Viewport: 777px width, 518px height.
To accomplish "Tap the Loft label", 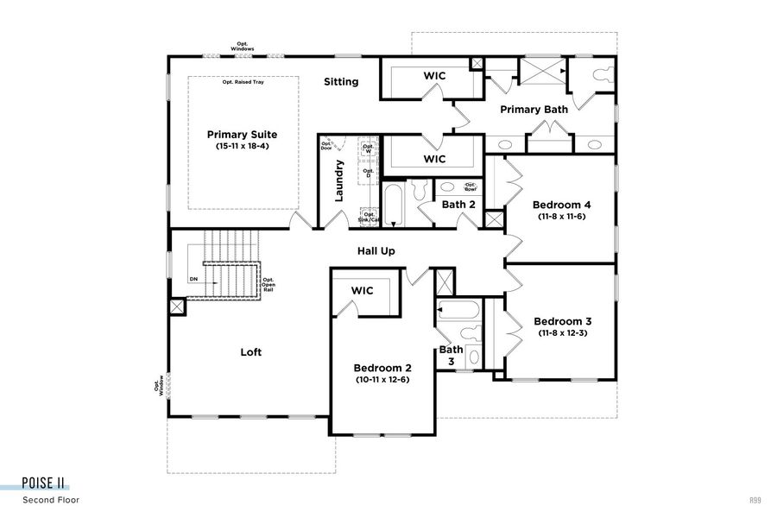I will (250, 352).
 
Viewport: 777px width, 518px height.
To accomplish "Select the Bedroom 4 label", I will (562, 205).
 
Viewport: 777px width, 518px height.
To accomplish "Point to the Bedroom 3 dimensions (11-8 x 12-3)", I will (562, 333).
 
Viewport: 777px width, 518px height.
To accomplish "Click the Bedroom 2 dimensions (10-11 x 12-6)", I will (382, 380).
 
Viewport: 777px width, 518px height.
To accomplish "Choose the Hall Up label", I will (376, 251).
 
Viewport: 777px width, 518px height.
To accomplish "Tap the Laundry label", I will (339, 180).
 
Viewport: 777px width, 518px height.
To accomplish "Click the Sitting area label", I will (341, 82).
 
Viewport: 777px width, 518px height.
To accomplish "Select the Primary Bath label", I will (534, 110).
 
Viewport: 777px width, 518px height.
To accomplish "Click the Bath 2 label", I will (458, 205).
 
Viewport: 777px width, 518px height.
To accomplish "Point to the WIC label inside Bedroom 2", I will (362, 291).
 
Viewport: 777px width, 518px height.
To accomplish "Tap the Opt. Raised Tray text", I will (243, 82).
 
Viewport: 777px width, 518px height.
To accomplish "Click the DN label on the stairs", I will (193, 280).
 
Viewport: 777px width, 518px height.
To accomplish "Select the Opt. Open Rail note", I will (268, 285).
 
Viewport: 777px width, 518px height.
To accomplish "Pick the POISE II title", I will (44, 483).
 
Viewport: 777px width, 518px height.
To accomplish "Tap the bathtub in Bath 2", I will (393, 205).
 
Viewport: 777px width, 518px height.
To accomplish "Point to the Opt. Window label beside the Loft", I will (158, 384).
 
